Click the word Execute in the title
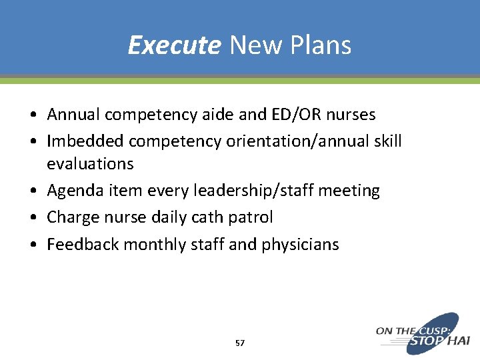[174, 45]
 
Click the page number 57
[240, 343]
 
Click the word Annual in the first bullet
[74, 115]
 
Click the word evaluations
[90, 163]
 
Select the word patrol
[250, 217]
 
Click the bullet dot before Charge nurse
[32, 218]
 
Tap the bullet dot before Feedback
[32, 245]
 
